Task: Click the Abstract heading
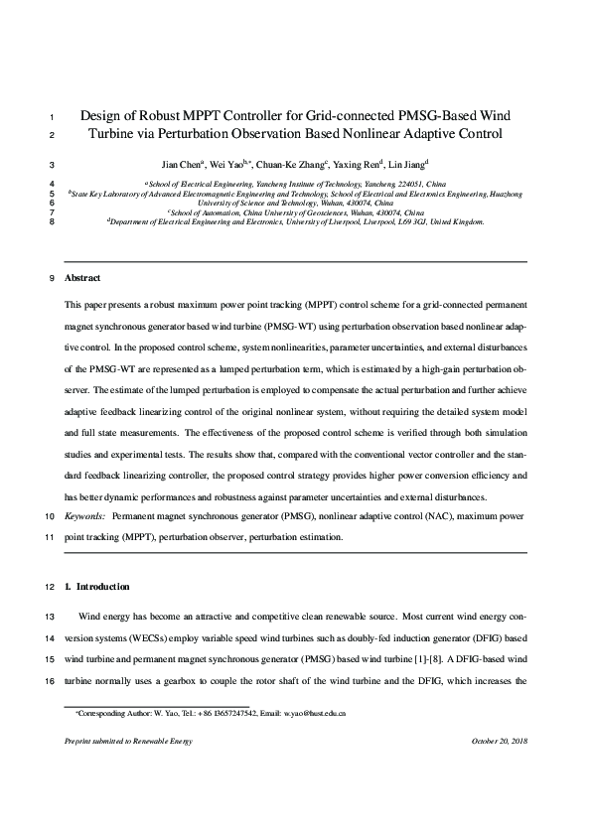82,278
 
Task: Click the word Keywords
84,517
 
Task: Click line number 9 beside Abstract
51,278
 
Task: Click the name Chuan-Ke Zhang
295,165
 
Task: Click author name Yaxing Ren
358,165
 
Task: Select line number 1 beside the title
51,116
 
